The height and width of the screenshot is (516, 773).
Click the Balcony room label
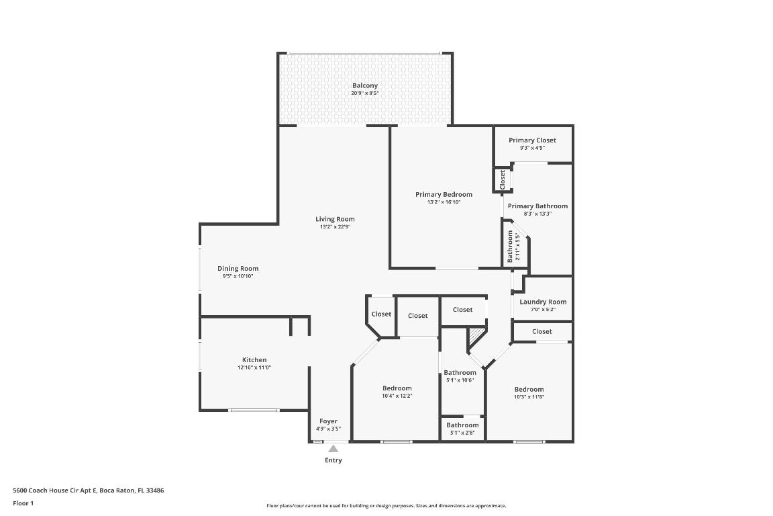coord(365,86)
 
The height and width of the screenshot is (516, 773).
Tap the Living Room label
coord(335,219)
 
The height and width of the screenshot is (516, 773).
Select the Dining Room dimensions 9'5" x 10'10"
coord(238,276)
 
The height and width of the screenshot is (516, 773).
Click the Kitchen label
coord(254,360)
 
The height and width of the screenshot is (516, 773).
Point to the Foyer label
coord(328,421)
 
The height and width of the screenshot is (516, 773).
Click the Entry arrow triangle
coord(333,449)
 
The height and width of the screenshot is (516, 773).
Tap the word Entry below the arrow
coord(333,460)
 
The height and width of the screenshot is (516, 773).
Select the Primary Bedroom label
coord(444,194)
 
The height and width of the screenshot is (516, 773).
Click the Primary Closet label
coord(532,140)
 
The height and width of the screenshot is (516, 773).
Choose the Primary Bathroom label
coord(537,206)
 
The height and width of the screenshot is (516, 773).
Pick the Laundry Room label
coord(543,302)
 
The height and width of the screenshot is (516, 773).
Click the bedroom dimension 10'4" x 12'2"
coord(397,396)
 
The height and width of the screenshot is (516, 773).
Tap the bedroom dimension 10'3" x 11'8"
coord(529,397)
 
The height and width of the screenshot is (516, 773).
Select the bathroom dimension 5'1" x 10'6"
coord(460,380)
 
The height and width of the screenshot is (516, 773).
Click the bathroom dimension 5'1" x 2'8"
coord(462,433)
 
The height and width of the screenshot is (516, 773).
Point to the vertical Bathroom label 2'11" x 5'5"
coord(513,247)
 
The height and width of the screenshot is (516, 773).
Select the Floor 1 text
coord(23,503)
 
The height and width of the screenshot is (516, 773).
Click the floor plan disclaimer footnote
coord(386,506)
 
